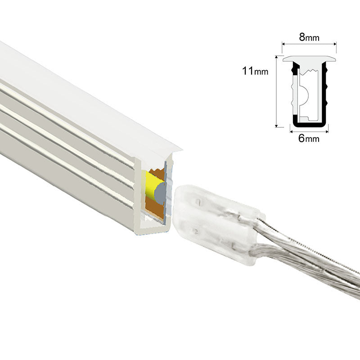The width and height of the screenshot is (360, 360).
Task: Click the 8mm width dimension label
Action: point(309,37)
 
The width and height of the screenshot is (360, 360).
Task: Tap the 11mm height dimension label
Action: point(255,71)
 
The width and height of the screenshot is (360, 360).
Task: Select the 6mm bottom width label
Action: point(309,139)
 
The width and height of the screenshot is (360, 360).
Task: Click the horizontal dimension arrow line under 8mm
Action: point(309,44)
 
